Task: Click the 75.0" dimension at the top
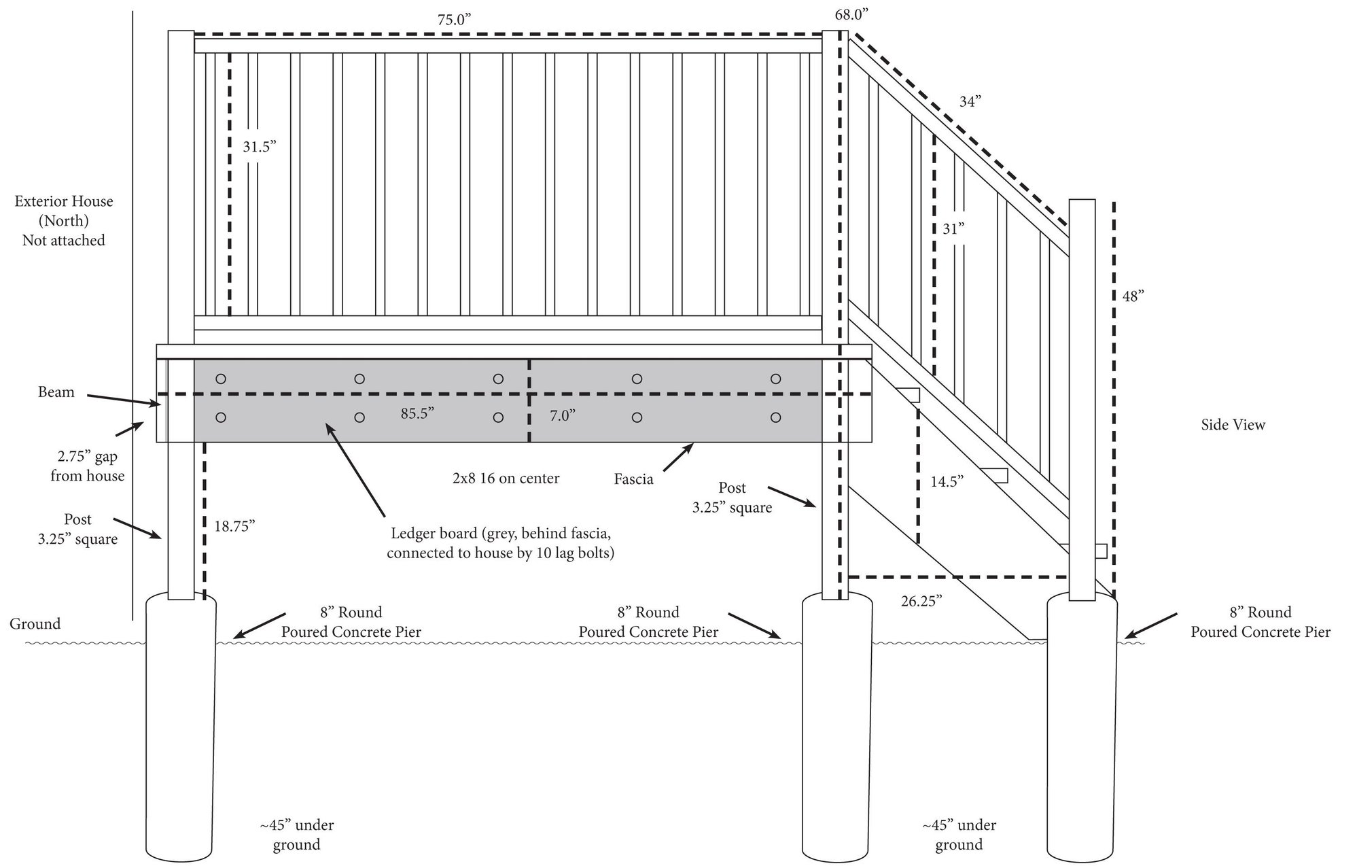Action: [x=454, y=19]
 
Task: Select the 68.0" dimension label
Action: [x=851, y=15]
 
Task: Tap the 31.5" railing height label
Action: [x=260, y=146]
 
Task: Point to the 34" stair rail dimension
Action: [x=970, y=102]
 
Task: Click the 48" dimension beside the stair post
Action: [x=1133, y=296]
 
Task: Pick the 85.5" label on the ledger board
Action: [x=417, y=413]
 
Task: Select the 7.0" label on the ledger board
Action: [x=562, y=415]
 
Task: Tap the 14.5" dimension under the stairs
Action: [x=947, y=482]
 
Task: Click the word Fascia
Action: [x=633, y=479]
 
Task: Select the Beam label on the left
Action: [x=56, y=392]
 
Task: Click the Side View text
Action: [x=1233, y=425]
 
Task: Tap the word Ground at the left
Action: [x=35, y=623]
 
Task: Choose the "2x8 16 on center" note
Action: [x=506, y=478]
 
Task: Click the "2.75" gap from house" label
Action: [x=87, y=466]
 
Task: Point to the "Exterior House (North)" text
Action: [x=64, y=211]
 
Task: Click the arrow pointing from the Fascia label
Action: [x=677, y=457]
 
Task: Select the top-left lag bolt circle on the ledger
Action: [x=220, y=379]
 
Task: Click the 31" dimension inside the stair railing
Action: [x=953, y=229]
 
